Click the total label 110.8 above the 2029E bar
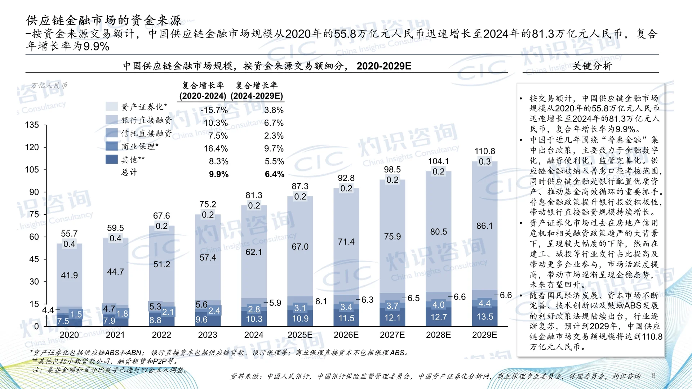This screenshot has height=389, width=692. (x=484, y=151)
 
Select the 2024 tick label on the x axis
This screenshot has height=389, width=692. (x=254, y=335)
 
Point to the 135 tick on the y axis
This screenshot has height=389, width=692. (x=32, y=125)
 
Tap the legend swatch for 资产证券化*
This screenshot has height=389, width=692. (x=112, y=106)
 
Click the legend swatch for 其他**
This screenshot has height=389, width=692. (x=112, y=159)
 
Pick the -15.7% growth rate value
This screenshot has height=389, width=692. (x=214, y=110)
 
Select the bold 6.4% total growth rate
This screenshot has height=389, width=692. (x=274, y=174)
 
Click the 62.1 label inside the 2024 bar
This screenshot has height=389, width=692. (x=254, y=252)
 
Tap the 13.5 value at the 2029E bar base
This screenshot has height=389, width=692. (x=485, y=317)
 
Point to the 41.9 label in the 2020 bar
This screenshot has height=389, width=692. (x=69, y=276)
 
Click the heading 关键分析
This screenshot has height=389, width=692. (x=592, y=66)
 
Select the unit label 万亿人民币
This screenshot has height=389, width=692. (x=49, y=86)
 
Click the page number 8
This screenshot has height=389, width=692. (x=653, y=376)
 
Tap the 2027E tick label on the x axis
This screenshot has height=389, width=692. (x=392, y=335)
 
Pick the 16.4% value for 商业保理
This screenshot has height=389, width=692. (x=216, y=149)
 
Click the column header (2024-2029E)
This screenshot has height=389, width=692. (x=257, y=96)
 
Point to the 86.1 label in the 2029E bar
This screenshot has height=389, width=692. (x=484, y=226)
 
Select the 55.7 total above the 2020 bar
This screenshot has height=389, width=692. (x=69, y=234)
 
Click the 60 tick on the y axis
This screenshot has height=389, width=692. (x=34, y=237)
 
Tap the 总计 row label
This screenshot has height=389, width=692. (x=129, y=172)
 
